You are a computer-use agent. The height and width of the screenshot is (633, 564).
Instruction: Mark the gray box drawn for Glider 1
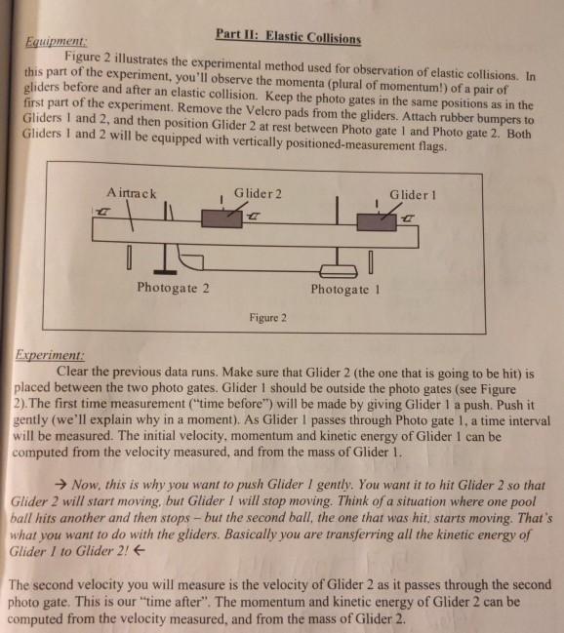377,223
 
